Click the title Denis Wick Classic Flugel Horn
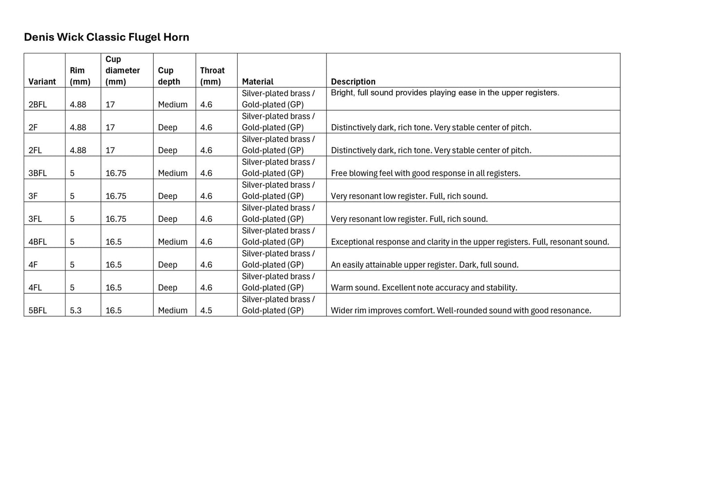point(106,38)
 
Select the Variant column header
point(42,82)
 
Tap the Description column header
point(353,82)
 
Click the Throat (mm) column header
point(212,76)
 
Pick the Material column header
point(258,82)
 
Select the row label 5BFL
point(38,311)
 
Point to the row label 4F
point(33,265)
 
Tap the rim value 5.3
point(76,311)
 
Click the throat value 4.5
point(206,311)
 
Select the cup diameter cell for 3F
point(116,196)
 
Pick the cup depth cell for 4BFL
point(173,242)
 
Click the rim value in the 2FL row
point(78,151)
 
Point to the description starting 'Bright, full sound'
point(444,93)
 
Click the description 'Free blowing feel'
point(425,173)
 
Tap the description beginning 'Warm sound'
point(423,288)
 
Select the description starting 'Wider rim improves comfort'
point(461,311)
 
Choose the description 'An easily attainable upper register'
point(424,265)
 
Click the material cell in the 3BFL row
point(278,168)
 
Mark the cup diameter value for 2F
point(110,128)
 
